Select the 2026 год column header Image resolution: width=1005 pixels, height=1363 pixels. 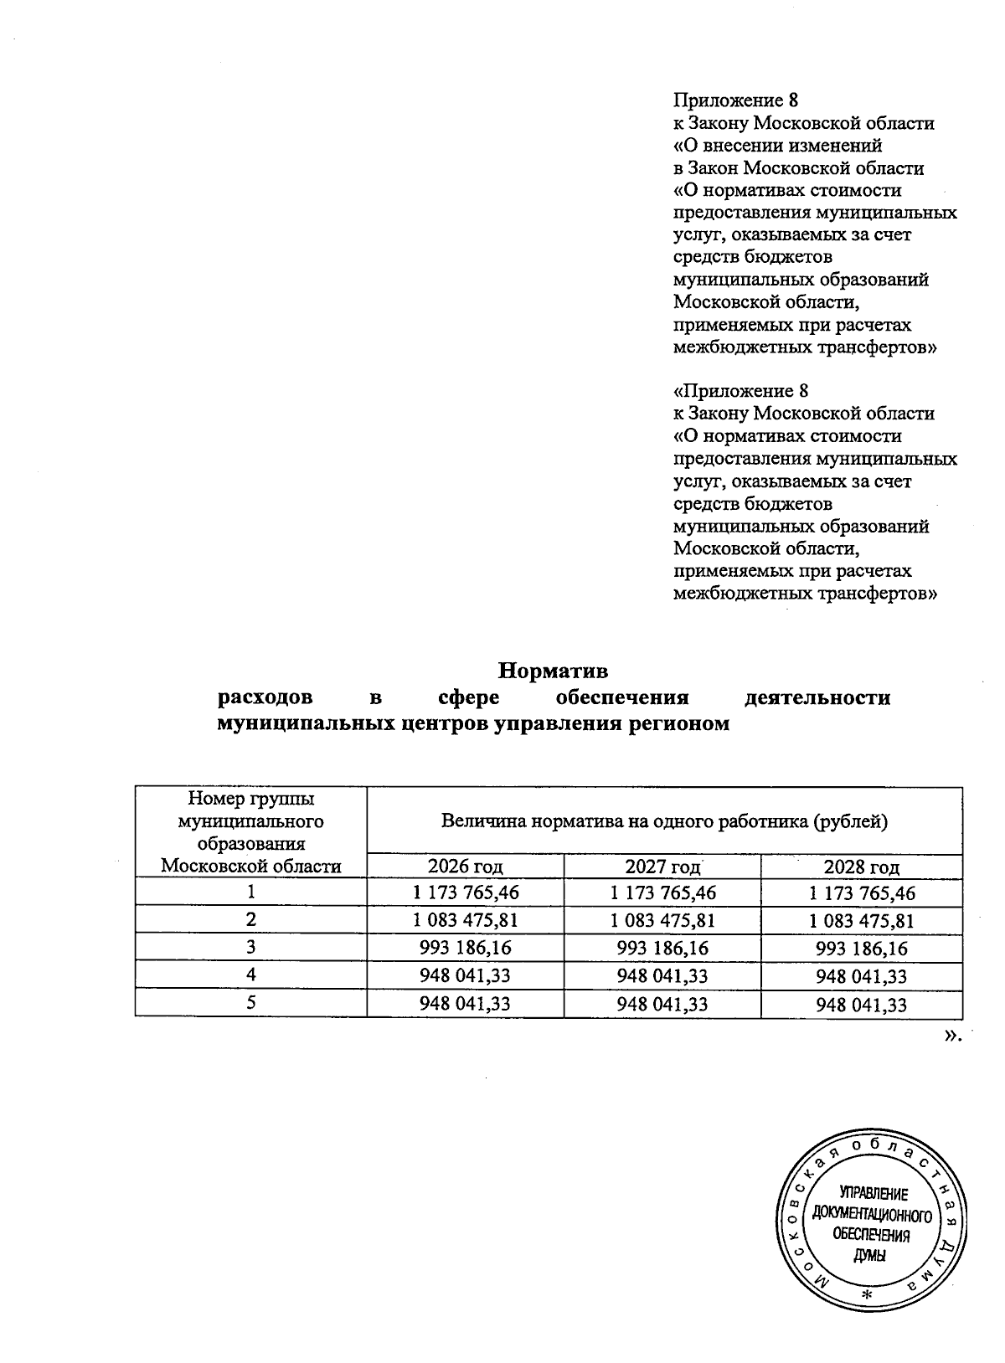tap(465, 866)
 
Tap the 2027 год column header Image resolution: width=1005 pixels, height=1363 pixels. tap(662, 866)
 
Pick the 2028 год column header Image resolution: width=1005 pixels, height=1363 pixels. tap(862, 866)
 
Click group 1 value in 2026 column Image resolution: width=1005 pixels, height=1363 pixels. tap(466, 892)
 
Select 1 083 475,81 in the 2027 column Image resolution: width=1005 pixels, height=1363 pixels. tap(662, 920)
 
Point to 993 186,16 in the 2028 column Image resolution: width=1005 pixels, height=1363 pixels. tap(862, 948)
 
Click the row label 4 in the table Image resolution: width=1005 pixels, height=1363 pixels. tap(250, 975)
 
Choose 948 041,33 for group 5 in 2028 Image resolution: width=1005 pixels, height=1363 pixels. tap(862, 1003)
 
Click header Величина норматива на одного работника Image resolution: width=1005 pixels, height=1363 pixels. tap(664, 821)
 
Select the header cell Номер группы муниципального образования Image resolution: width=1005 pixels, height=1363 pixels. tap(251, 832)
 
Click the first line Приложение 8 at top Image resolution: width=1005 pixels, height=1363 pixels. tap(736, 100)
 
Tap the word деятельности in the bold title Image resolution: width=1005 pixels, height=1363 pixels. tap(817, 697)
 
